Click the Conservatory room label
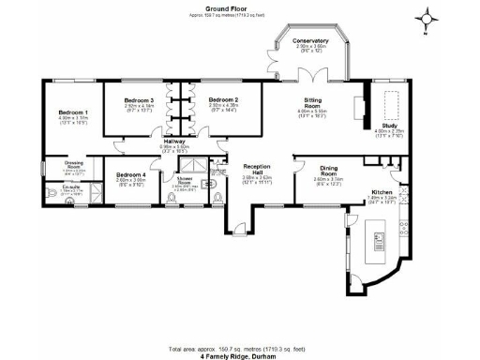pos(309,41)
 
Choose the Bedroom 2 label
pos(223,99)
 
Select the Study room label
pos(387,124)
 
